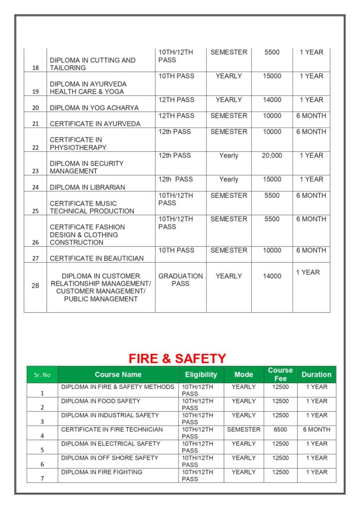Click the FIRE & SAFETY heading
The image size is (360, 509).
click(x=178, y=358)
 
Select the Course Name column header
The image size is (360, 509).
click(x=118, y=375)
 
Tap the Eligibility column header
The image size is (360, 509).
click(x=201, y=375)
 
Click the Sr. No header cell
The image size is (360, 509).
click(x=42, y=375)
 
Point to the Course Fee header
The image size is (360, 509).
click(x=280, y=374)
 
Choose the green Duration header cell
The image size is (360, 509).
click(x=316, y=375)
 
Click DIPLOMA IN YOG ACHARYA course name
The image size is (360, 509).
click(x=94, y=108)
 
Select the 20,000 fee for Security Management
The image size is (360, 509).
click(x=272, y=156)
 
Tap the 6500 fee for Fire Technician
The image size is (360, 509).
click(x=280, y=429)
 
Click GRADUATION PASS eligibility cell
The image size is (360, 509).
click(x=180, y=280)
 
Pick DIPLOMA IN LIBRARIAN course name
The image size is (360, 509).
click(x=87, y=187)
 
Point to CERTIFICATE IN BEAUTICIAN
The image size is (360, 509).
click(x=96, y=258)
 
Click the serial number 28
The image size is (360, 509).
click(x=35, y=286)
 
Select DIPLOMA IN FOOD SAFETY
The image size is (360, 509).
click(x=101, y=401)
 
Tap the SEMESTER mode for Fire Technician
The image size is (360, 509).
click(x=244, y=429)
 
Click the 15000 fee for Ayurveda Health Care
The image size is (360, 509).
click(x=272, y=76)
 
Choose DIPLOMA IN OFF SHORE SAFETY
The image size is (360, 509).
click(x=109, y=458)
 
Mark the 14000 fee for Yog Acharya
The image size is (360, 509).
click(x=272, y=100)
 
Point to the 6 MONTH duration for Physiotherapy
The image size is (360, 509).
click(x=311, y=132)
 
